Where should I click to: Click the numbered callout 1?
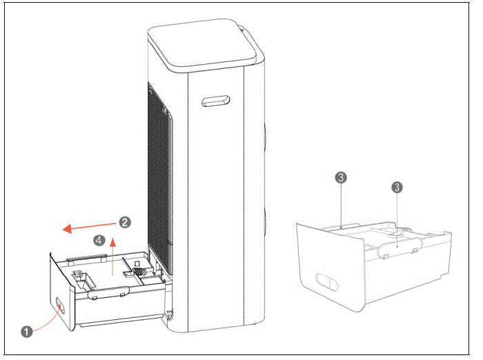(27, 331)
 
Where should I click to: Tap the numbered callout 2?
(124, 222)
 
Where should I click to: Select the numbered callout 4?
(99, 241)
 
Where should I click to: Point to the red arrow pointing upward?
(113, 258)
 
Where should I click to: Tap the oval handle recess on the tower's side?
(215, 101)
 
